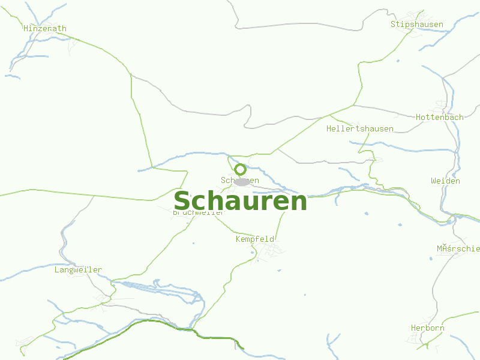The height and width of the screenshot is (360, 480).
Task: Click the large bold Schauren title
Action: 240,201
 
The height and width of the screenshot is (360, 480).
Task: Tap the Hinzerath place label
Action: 45,28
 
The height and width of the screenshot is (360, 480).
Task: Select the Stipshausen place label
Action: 417,25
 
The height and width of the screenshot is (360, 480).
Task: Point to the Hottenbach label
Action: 440,117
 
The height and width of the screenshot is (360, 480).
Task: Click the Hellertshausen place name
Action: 360,129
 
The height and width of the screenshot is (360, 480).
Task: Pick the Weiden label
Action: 446,181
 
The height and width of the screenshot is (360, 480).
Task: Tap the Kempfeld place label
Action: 255,239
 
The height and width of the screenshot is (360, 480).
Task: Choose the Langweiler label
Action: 78,270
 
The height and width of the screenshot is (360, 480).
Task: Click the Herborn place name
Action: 428,328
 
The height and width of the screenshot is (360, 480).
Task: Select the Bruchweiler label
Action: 198,212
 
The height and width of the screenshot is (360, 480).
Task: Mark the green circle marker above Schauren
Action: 241,169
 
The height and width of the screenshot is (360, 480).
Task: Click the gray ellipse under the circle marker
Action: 242,182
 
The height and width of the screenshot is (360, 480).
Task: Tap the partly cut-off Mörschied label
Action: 459,248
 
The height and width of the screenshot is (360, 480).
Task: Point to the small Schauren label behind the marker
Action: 240,180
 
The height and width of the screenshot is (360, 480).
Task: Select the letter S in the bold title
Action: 182,201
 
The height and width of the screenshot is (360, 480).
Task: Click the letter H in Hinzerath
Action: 26,28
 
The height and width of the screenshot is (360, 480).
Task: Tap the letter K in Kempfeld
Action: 238,239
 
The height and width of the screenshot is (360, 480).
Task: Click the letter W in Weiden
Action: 433,181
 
